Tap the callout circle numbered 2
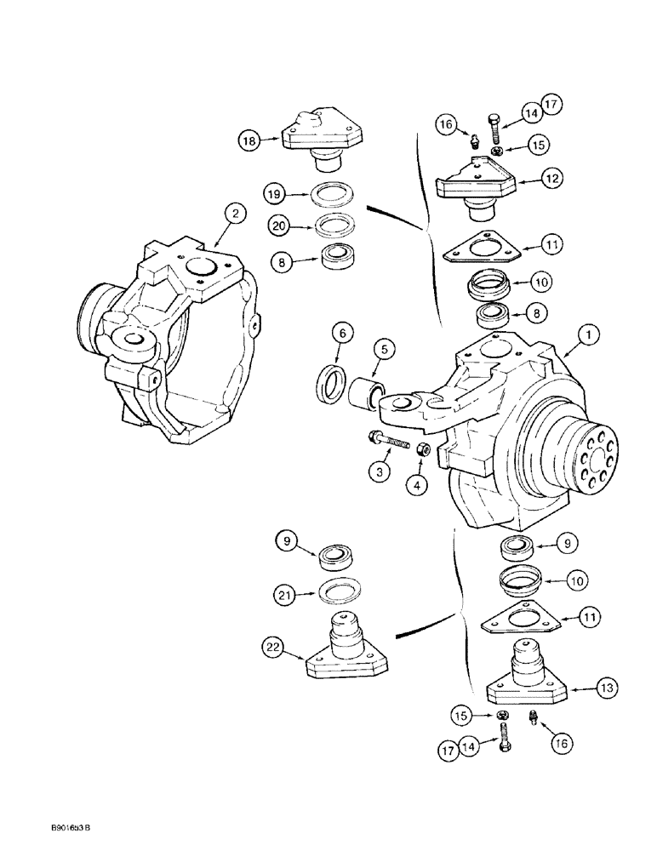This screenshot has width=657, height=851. (x=234, y=214)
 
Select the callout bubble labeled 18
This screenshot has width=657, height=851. (x=249, y=141)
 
